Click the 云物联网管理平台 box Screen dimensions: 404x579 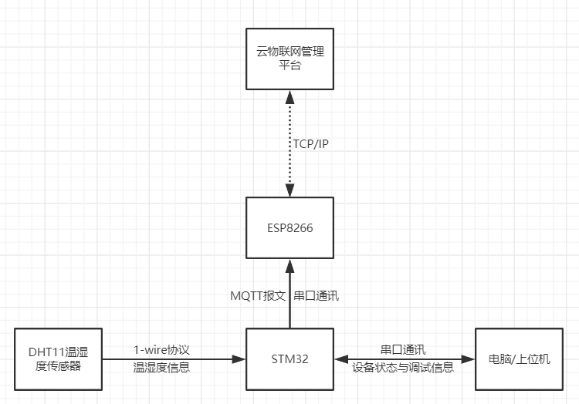pos(289,59)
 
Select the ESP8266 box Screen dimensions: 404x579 pos(289,227)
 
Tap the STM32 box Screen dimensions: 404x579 pos(289,359)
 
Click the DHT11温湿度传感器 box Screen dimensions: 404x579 pos(58,359)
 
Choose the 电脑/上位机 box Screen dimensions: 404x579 pos(520,359)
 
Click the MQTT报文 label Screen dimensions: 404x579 pos(259,295)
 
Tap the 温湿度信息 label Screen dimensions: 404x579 pos(161,368)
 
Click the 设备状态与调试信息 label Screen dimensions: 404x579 pos(403,368)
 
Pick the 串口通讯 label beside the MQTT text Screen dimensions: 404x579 pos(317,295)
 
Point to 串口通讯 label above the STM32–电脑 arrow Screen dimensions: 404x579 pos(403,350)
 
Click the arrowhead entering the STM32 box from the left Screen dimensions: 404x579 pos(240,359)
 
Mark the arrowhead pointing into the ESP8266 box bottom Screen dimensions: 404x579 pos(289,264)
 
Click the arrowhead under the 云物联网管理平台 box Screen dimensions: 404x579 pos(289,96)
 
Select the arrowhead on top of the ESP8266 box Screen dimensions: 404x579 pos(289,191)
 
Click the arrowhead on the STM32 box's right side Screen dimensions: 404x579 pos(340,359)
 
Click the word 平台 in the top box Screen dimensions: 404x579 pos(289,66)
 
